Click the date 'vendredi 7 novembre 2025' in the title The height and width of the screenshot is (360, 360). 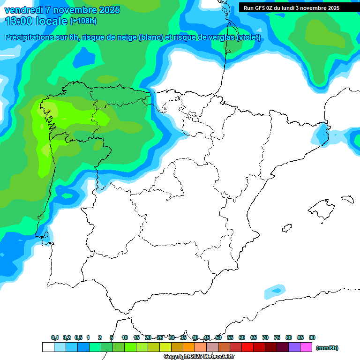(62, 10)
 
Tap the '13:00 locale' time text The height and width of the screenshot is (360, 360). (36, 21)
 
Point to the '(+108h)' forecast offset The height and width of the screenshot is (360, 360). (83, 21)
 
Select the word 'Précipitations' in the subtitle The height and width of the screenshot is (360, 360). (29, 37)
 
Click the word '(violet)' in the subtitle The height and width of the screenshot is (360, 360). (248, 37)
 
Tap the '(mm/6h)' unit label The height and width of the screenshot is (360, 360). (327, 348)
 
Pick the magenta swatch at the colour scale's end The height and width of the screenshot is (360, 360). (306, 347)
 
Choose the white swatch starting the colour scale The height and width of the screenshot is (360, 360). (48, 347)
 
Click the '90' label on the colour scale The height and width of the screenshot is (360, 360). (312, 337)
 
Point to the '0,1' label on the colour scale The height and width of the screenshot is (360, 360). (55, 337)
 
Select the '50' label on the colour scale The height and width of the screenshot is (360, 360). (218, 337)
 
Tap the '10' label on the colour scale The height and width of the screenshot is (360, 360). (125, 337)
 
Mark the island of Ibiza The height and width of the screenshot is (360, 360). (286, 227)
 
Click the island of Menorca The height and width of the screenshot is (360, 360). (347, 199)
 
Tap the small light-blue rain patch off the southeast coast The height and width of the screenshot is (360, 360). (274, 292)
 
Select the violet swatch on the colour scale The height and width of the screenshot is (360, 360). (294, 347)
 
